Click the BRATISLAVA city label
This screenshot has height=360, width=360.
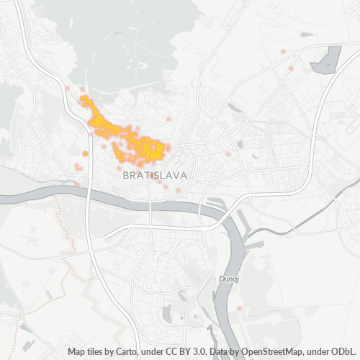pyautogui.click(x=156, y=175)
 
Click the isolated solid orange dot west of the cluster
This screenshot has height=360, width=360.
pyautogui.click(x=86, y=153)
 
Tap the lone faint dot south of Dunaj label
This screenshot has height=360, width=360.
pyautogui.click(x=239, y=308)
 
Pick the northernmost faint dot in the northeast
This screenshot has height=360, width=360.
pyautogui.click(x=283, y=51)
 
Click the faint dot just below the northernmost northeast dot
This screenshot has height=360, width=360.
pyautogui.click(x=291, y=69)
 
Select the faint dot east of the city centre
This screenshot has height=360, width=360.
pyautogui.click(x=228, y=154)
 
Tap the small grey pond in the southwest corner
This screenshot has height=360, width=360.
pyautogui.click(x=25, y=328)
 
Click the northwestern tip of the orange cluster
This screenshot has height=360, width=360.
pyautogui.click(x=83, y=98)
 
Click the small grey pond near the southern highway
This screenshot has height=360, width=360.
pyautogui.click(x=167, y=315)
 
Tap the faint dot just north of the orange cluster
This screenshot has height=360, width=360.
pyautogui.click(x=168, y=119)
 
